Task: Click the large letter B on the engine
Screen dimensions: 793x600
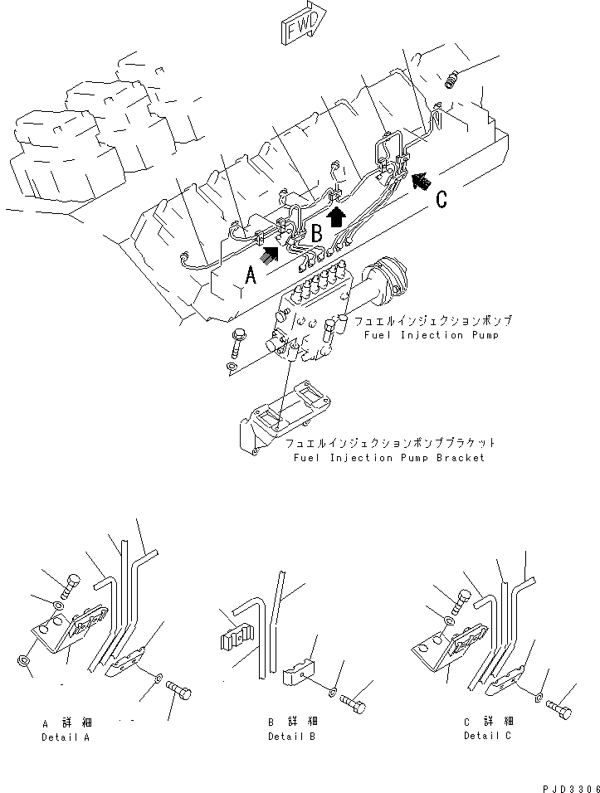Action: pyautogui.click(x=316, y=233)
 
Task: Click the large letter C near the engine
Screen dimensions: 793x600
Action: pyautogui.click(x=442, y=198)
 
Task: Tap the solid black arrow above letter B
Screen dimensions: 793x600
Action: pyautogui.click(x=335, y=217)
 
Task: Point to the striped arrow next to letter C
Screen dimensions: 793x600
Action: pyautogui.click(x=422, y=178)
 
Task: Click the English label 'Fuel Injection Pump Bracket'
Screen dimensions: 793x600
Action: pyautogui.click(x=389, y=458)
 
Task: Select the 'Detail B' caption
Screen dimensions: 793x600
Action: pyautogui.click(x=291, y=737)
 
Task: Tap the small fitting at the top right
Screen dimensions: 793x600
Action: pyautogui.click(x=452, y=80)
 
